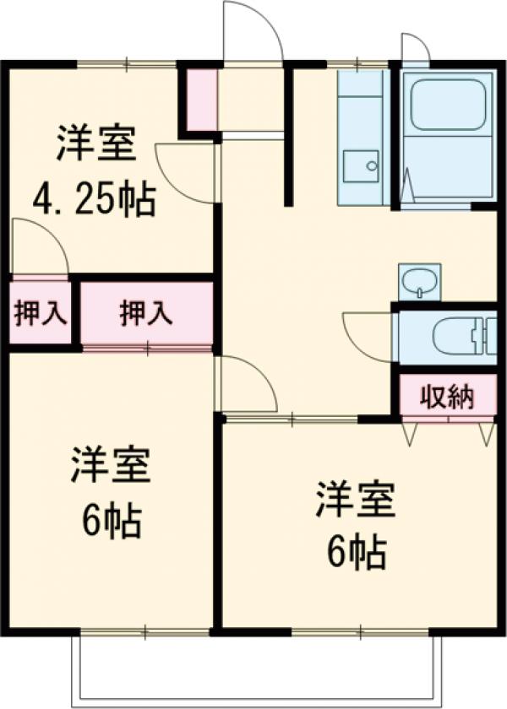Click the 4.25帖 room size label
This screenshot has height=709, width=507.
pyautogui.click(x=93, y=200)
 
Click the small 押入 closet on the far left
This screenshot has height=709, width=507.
pyautogui.click(x=40, y=313)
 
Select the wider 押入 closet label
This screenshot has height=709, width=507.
pyautogui.click(x=146, y=313)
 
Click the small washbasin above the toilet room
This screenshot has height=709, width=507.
pyautogui.click(x=418, y=281)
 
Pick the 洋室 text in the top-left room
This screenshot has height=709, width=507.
pyautogui.click(x=95, y=143)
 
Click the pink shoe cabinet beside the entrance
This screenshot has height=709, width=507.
pyautogui.click(x=201, y=100)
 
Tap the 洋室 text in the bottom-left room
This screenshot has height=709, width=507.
pyautogui.click(x=110, y=465)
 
